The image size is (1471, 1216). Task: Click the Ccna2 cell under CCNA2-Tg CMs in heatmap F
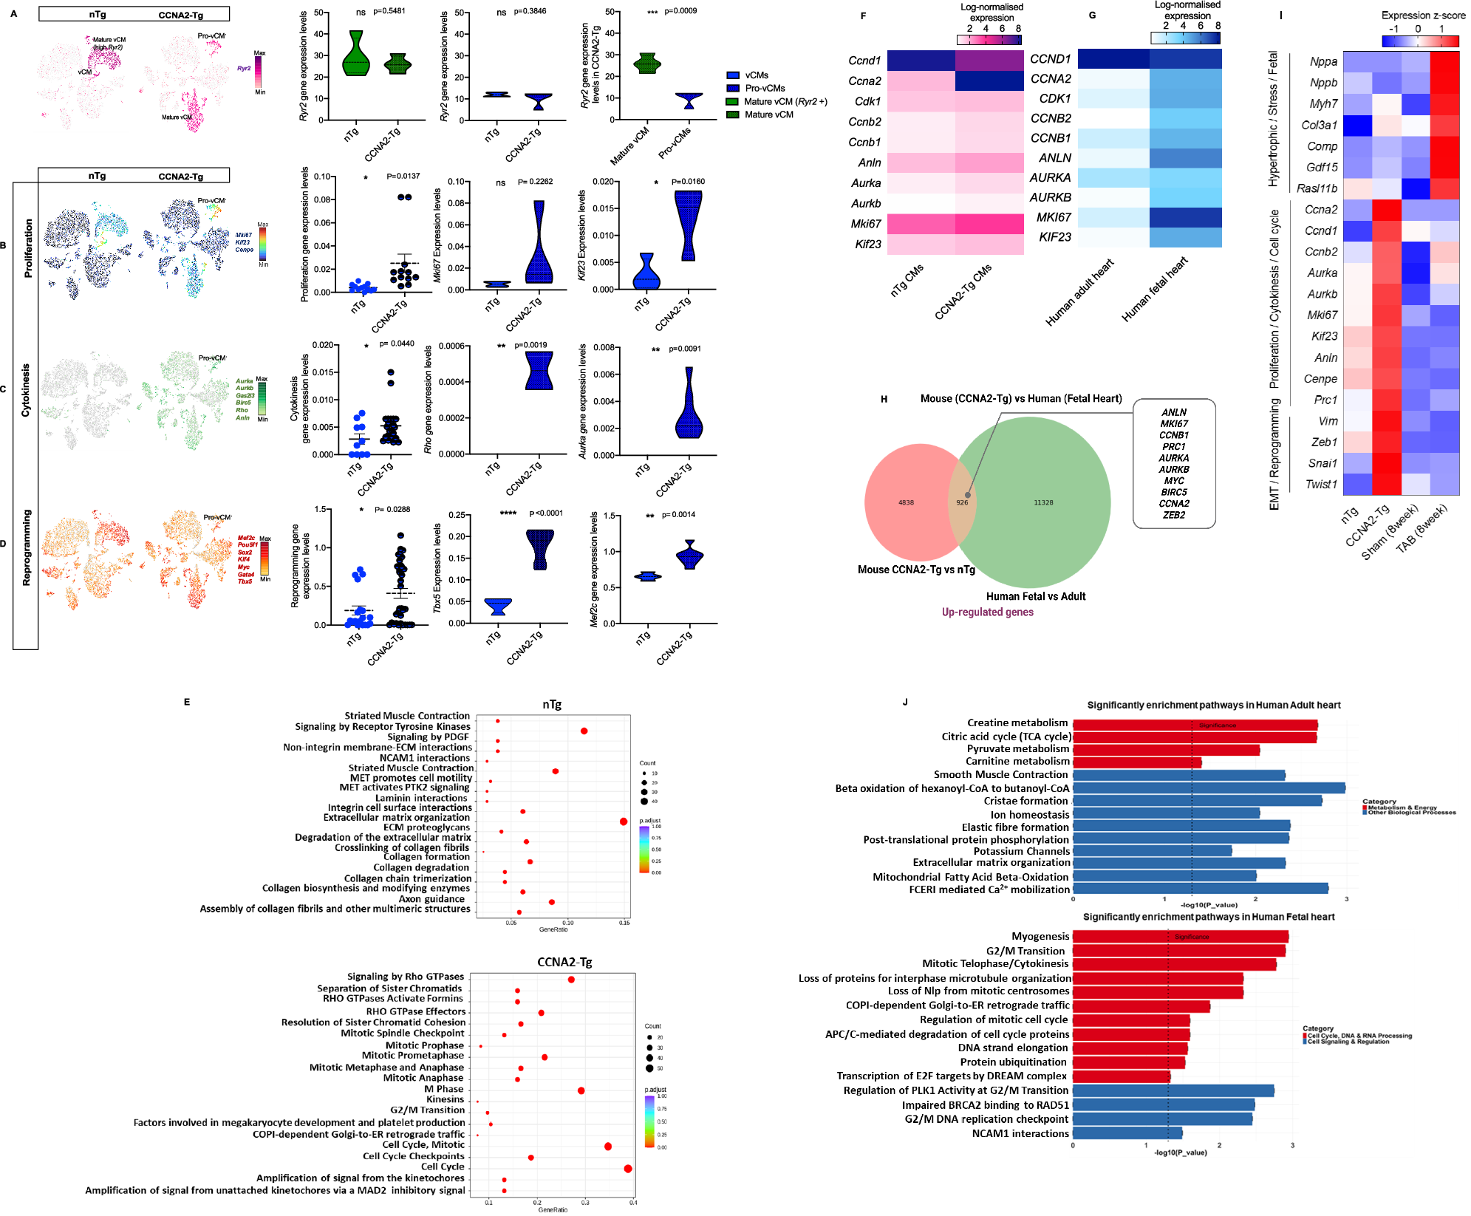pos(989,81)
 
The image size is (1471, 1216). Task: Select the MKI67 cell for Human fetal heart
pos(1185,217)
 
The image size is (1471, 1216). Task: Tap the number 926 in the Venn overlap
pos(962,502)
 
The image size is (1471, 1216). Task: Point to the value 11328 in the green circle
pos(1043,502)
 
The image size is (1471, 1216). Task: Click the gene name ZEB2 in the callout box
pos(1173,515)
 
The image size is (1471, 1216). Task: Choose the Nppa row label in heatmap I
pos(1323,62)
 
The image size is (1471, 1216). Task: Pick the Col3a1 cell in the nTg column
pos(1357,126)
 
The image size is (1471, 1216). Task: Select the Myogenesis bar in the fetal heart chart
pos(1180,937)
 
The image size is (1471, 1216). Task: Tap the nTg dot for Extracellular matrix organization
pos(624,822)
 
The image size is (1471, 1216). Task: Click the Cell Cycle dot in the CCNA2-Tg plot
pos(628,1168)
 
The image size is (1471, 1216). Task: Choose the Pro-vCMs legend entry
pos(765,88)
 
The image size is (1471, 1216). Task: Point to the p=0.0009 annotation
pos(680,11)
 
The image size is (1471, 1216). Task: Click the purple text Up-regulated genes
pos(987,612)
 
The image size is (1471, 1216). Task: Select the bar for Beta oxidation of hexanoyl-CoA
pos(1208,788)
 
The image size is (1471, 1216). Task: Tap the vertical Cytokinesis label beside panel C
pos(26,389)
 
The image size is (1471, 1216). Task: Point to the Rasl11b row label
pos(1317,188)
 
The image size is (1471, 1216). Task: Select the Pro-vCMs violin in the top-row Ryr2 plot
pos(689,100)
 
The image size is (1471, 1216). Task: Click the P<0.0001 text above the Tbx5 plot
pos(546,513)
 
